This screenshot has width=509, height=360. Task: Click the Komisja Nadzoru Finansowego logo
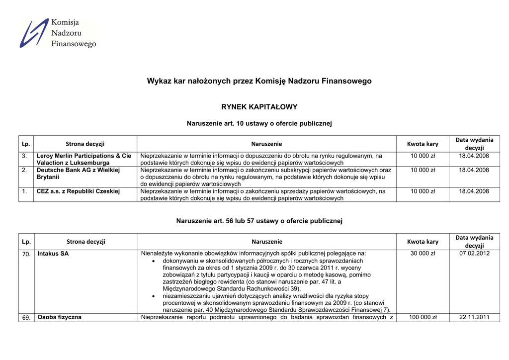58,33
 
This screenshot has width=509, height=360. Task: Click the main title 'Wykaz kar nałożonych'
259,81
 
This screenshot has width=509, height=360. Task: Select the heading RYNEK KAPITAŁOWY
259,107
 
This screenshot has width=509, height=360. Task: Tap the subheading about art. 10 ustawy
259,123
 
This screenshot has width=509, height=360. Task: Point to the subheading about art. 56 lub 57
259,221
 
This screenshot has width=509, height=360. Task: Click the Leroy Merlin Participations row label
84,159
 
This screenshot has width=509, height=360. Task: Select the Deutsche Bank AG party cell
78,173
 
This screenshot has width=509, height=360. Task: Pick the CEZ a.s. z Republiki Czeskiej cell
78,191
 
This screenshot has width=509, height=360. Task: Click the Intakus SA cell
53,254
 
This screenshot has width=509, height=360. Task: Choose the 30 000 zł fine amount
423,254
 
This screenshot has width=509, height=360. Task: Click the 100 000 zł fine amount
423,317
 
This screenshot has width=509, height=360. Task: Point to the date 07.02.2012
474,254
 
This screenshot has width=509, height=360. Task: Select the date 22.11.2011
474,317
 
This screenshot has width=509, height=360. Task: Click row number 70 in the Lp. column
26,254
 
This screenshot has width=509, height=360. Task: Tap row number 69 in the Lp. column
26,318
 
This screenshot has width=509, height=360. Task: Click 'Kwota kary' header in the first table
423,144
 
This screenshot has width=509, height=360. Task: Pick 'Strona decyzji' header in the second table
86,242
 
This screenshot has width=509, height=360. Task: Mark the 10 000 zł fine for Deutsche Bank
423,170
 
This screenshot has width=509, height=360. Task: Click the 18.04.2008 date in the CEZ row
474,191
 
